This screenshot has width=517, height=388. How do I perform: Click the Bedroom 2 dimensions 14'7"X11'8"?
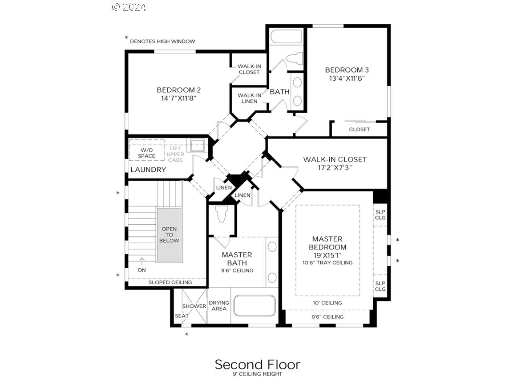click(x=179, y=98)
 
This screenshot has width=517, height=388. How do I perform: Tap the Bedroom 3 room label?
click(x=347, y=70)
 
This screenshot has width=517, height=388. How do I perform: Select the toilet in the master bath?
click(x=222, y=214)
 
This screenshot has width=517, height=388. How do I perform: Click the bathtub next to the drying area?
click(x=254, y=305)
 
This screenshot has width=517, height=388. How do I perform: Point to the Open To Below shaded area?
click(x=169, y=235)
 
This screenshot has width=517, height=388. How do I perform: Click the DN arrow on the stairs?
click(x=142, y=261)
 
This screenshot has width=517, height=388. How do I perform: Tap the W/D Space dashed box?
click(x=147, y=150)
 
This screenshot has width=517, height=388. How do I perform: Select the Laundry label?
click(x=148, y=170)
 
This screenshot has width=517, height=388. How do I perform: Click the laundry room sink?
click(x=197, y=145)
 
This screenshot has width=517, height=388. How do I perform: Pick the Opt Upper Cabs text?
click(x=175, y=154)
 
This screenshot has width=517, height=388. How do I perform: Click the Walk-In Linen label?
click(x=249, y=98)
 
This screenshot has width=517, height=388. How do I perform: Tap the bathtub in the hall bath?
click(x=286, y=36)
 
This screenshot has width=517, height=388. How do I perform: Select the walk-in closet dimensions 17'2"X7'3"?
click(x=335, y=168)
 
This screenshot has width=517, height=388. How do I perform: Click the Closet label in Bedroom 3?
click(x=359, y=129)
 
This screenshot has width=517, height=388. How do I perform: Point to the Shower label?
click(x=194, y=306)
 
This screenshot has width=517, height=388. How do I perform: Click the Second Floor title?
click(x=258, y=364)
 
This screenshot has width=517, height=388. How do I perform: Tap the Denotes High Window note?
click(x=162, y=41)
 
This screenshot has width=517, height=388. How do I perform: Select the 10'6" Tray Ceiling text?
click(x=327, y=263)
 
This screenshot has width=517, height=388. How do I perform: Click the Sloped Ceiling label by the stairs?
click(x=170, y=282)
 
